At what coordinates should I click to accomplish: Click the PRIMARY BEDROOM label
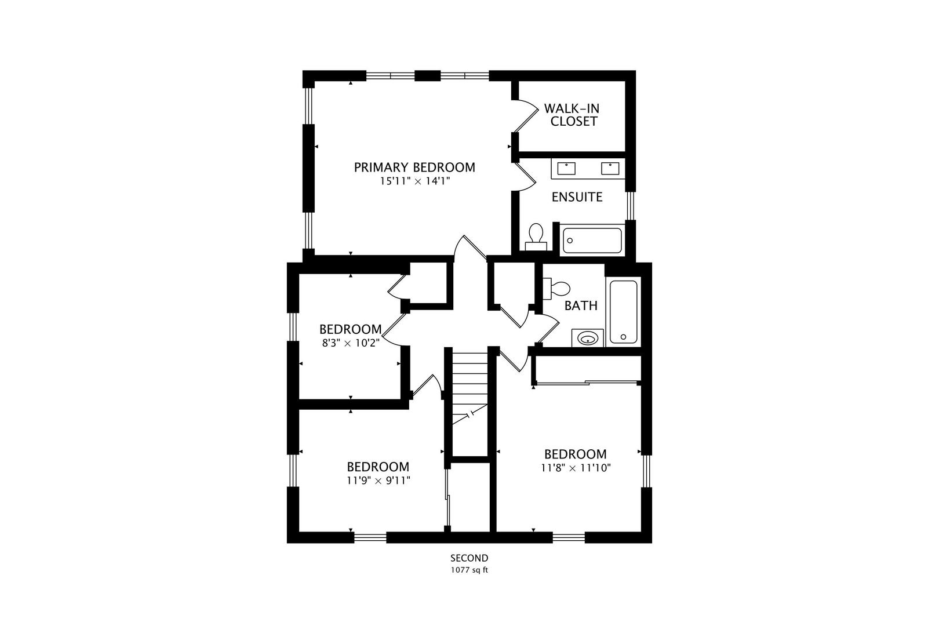click(414, 168)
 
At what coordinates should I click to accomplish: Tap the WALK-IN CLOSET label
click(572, 115)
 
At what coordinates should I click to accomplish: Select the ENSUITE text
click(577, 197)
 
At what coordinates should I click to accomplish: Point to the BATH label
click(581, 305)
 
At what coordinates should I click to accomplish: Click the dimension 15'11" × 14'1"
click(414, 181)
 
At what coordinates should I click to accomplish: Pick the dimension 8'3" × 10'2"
click(351, 343)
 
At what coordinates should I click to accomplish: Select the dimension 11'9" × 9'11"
click(378, 481)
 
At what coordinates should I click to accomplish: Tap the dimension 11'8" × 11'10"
click(576, 468)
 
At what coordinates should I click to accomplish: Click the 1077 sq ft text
click(469, 570)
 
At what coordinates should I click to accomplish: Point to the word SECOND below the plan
click(469, 559)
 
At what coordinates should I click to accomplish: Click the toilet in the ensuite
click(536, 237)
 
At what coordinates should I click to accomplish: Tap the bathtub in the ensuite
click(592, 240)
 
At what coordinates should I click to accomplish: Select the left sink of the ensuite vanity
click(566, 169)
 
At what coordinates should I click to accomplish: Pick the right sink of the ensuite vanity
click(610, 169)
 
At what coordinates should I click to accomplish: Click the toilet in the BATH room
click(556, 289)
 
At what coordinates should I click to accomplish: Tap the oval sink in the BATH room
click(588, 338)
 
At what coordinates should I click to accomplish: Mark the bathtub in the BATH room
click(623, 312)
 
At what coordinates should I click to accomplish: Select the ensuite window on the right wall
click(631, 205)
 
